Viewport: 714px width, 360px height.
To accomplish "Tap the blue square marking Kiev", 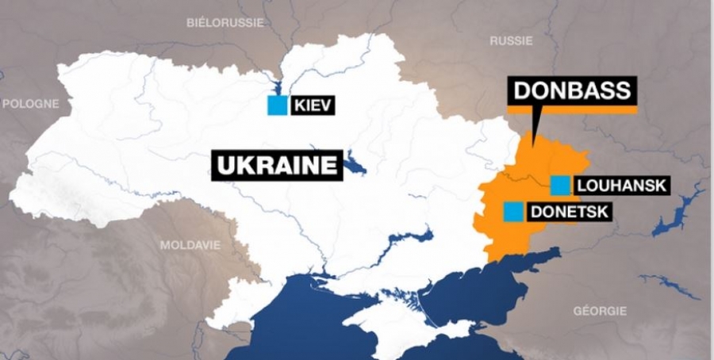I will tap(277, 105).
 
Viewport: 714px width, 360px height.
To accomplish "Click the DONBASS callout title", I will tap(572, 90).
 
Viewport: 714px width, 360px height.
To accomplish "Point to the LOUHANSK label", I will tap(622, 186).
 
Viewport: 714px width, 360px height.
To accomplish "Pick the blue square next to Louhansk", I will tap(560, 186).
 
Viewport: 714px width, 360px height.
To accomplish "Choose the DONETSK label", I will tap(567, 212).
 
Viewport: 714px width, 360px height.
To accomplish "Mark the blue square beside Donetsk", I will tap(514, 212).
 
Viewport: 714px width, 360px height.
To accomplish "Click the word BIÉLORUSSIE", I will tap(225, 22).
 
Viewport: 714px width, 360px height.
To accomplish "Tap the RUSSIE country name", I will tap(511, 40).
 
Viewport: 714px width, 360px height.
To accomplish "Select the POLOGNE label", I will tap(30, 104).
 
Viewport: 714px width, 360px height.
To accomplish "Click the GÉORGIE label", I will tap(600, 311).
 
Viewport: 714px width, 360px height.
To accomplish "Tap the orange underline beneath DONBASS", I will tap(572, 109).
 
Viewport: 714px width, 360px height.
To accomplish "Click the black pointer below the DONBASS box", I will tap(536, 127).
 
